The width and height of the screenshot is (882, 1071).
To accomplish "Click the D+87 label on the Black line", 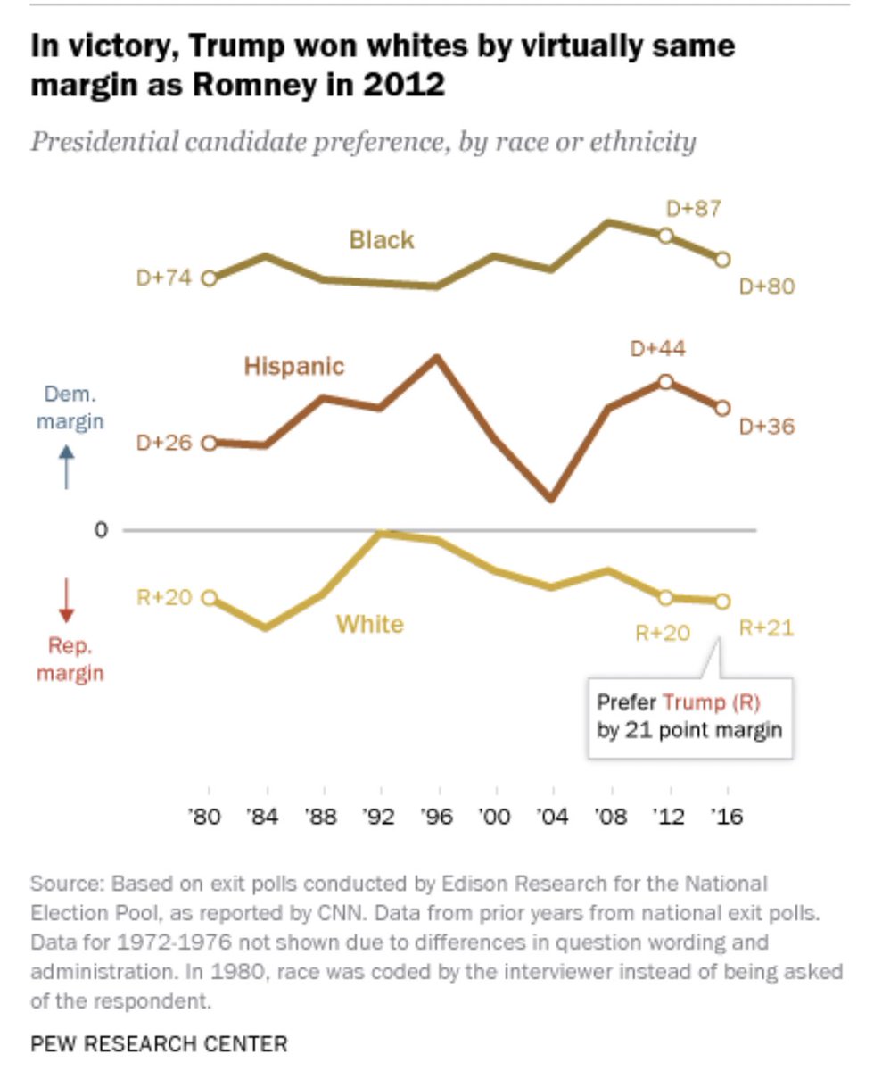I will [x=693, y=209].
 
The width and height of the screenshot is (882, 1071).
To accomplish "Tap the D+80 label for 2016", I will [x=767, y=286].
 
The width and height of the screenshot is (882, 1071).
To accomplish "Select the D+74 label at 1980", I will [x=164, y=278].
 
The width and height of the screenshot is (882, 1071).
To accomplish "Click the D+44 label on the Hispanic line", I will [x=657, y=348].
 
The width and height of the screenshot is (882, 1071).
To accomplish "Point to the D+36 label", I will [x=767, y=427].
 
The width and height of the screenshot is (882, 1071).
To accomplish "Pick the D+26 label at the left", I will [x=164, y=443].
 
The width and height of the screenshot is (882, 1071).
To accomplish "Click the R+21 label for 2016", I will [x=766, y=627].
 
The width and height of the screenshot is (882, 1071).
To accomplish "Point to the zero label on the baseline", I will [x=102, y=530].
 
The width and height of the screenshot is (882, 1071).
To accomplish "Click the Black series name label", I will [x=382, y=239].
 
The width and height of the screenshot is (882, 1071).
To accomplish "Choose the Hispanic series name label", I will [x=293, y=366].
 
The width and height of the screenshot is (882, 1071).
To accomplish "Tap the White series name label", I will [x=369, y=624].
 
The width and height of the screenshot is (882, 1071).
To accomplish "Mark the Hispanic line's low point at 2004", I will [x=551, y=498].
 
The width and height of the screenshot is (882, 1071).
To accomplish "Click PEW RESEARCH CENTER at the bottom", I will [x=159, y=1042].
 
